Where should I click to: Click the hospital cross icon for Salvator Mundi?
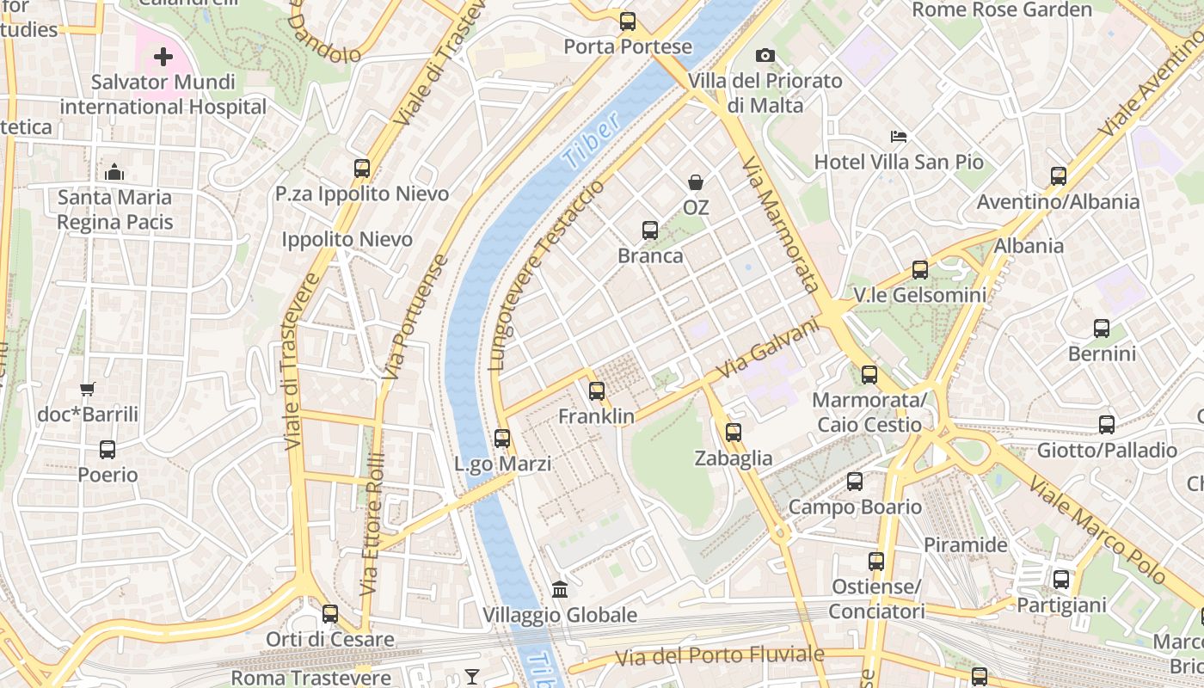click(x=163, y=58)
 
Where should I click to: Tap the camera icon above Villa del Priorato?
click(x=765, y=56)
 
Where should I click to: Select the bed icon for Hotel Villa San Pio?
click(x=898, y=137)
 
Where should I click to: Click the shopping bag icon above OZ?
click(x=695, y=182)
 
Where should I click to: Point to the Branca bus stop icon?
click(x=649, y=230)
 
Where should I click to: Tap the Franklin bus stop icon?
click(x=596, y=391)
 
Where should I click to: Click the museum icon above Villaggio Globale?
click(x=560, y=590)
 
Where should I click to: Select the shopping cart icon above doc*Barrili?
click(x=87, y=390)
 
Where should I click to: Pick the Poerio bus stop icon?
click(x=107, y=449)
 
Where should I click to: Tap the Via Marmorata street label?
click(x=779, y=225)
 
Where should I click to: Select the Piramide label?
click(x=965, y=544)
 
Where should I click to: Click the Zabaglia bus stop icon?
click(x=733, y=433)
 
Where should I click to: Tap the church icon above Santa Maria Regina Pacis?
click(x=114, y=173)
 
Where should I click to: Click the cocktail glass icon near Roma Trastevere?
click(x=472, y=677)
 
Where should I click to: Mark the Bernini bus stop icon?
click(x=1102, y=329)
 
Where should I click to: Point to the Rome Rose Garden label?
click(x=1001, y=10)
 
